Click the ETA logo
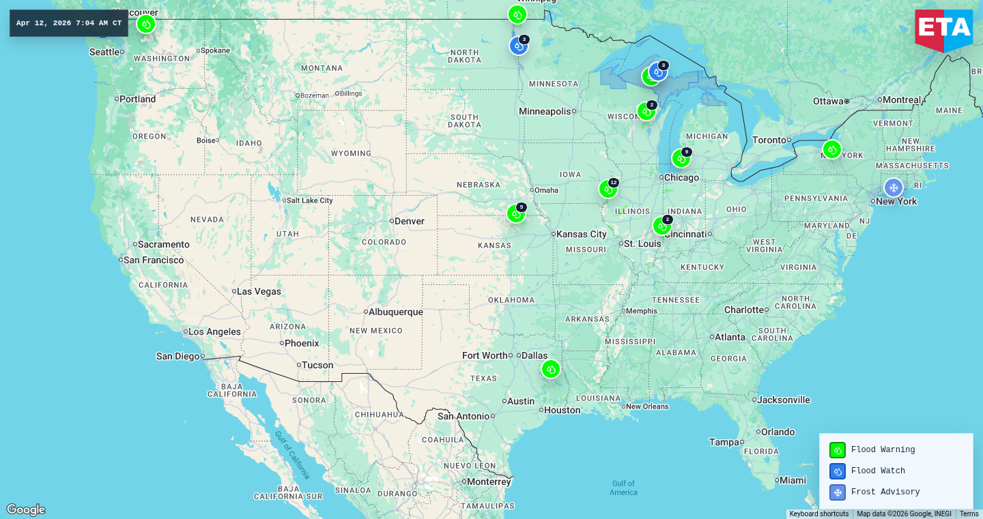pyautogui.click(x=944, y=29)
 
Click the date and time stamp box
pyautogui.click(x=69, y=23)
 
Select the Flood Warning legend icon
pyautogui.click(x=837, y=450)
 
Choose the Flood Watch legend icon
pyautogui.click(x=837, y=471)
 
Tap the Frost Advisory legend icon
pyautogui.click(x=837, y=492)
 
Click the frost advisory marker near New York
pyautogui.click(x=893, y=188)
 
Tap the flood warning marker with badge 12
pyautogui.click(x=608, y=190)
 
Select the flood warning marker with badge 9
pyautogui.click(x=681, y=159)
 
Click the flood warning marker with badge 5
pyautogui.click(x=516, y=214)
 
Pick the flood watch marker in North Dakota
pyautogui.click(x=519, y=46)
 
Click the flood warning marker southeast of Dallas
pyautogui.click(x=551, y=369)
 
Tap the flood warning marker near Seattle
pyautogui.click(x=145, y=25)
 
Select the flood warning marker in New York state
pyautogui.click(x=831, y=149)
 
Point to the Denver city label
pyautogui.click(x=409, y=221)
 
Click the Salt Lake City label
pyautogui.click(x=309, y=201)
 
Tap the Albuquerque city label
pyautogui.click(x=395, y=312)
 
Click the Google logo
pyautogui.click(x=26, y=509)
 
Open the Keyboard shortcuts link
pyautogui.click(x=818, y=514)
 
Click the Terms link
pyautogui.click(x=969, y=514)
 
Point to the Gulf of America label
pyautogui.click(x=623, y=488)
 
